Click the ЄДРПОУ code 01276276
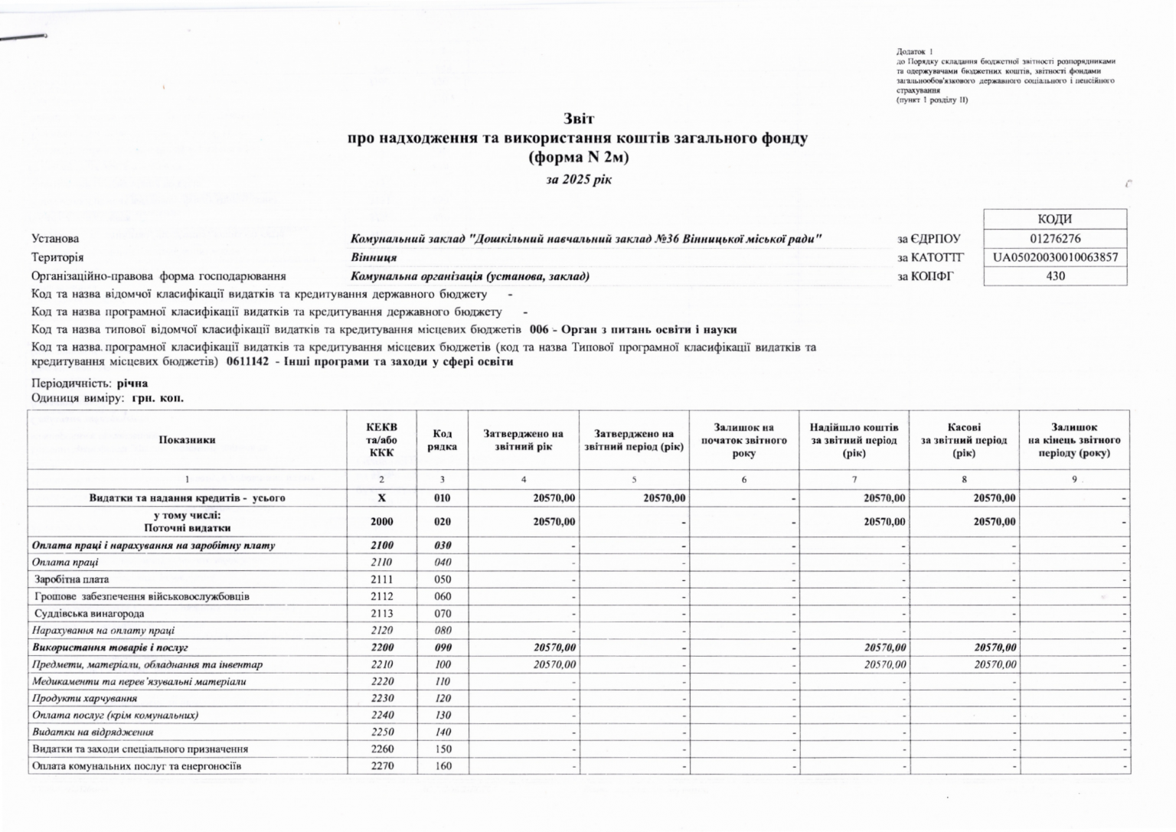(1055, 239)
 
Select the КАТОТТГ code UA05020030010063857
(1055, 257)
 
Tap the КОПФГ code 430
(1055, 276)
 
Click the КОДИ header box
(1055, 219)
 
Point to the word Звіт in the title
(578, 119)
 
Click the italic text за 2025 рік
(578, 180)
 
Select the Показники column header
(188, 440)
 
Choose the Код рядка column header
(443, 440)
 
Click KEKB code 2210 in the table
(381, 664)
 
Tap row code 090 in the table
(443, 648)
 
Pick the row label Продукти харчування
(85, 698)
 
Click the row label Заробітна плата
(72, 579)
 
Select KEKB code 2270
(381, 765)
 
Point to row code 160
(443, 765)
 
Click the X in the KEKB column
(381, 498)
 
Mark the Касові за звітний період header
(964, 440)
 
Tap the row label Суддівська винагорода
(90, 613)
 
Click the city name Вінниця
(374, 258)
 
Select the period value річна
(132, 383)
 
